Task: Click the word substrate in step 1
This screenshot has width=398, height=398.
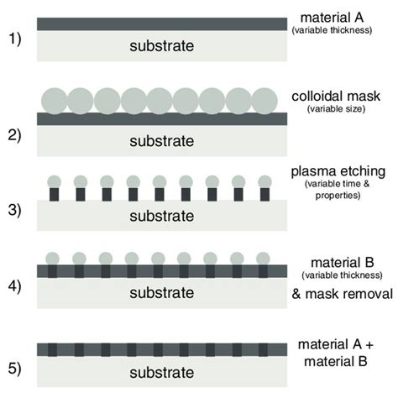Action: (158, 47)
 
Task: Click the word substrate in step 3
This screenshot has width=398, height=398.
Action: (158, 216)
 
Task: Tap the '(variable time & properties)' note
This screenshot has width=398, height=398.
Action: (337, 190)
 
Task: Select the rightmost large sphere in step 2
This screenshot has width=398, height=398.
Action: (264, 100)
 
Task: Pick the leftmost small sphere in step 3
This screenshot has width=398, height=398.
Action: (55, 181)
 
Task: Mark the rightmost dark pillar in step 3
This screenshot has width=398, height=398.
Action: (264, 194)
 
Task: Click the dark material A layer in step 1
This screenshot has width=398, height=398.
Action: (158, 24)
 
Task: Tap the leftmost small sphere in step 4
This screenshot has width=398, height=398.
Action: (55, 258)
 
